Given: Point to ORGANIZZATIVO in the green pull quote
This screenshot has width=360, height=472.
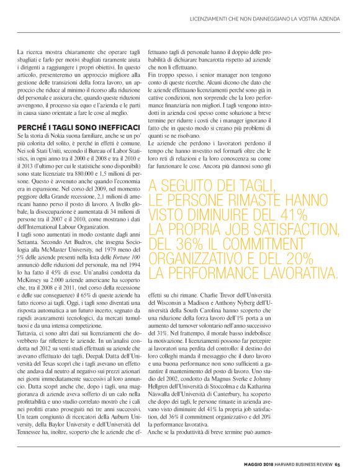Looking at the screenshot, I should (x=204, y=273).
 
